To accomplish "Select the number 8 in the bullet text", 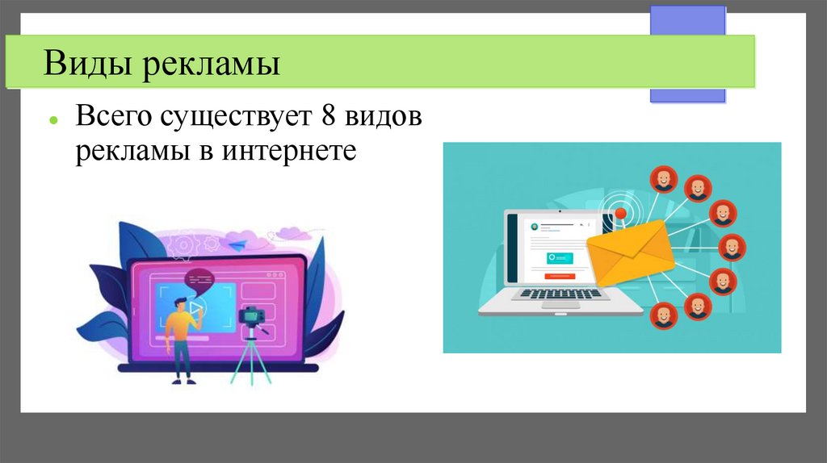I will point(327,117).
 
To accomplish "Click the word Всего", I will point(114,118).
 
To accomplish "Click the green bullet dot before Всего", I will point(52,119).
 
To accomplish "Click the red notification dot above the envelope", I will point(620,214).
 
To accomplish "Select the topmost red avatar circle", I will point(664,178).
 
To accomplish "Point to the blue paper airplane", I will point(237,243).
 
